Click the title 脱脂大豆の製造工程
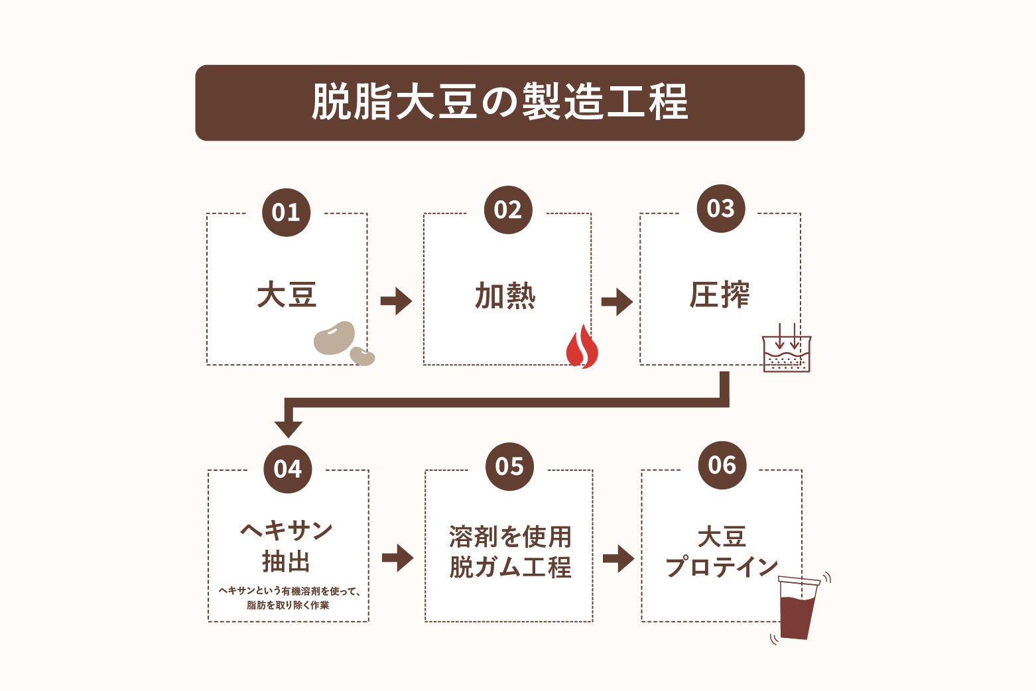tap(499, 103)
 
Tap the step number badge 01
tap(286, 212)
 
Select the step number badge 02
tap(507, 210)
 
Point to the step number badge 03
tap(720, 208)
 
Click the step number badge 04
tap(287, 469)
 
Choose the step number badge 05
tap(509, 466)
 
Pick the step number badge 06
tap(722, 465)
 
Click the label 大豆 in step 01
tap(287, 295)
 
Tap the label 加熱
tap(505, 296)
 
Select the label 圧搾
tap(719, 295)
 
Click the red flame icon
tap(582, 347)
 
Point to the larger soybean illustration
tap(334, 338)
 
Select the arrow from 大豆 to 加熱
tap(396, 301)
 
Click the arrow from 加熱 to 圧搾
tap(616, 302)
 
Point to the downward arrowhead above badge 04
tap(288, 426)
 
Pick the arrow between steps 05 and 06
tap(617, 558)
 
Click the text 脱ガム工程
tap(509, 568)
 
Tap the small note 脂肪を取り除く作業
tap(288, 605)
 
